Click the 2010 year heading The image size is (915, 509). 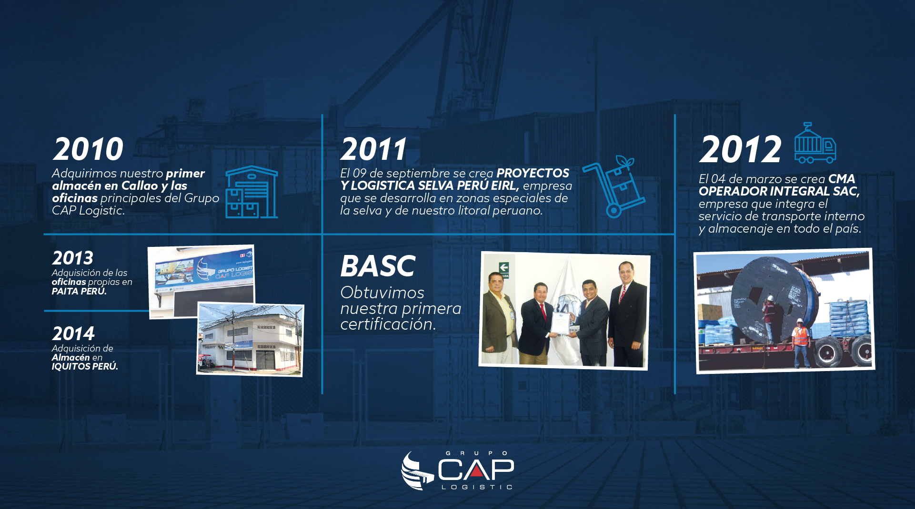pos(88,149)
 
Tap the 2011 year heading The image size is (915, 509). pos(374,149)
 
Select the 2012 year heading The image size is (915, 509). pos(740,149)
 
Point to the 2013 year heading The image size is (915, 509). pos(73,258)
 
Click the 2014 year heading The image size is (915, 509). pos(73,333)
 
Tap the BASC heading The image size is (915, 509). pos(378,266)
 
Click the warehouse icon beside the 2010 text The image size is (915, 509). pos(251,192)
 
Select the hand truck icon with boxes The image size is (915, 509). pos(613,186)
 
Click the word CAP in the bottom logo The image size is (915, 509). pos(476,470)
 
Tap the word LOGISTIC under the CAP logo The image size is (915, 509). pos(477,487)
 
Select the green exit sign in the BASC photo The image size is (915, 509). pos(504,269)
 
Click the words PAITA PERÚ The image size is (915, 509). pos(79,291)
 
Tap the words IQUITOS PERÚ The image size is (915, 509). pos(85,366)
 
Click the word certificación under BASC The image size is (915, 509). pos(388,324)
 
